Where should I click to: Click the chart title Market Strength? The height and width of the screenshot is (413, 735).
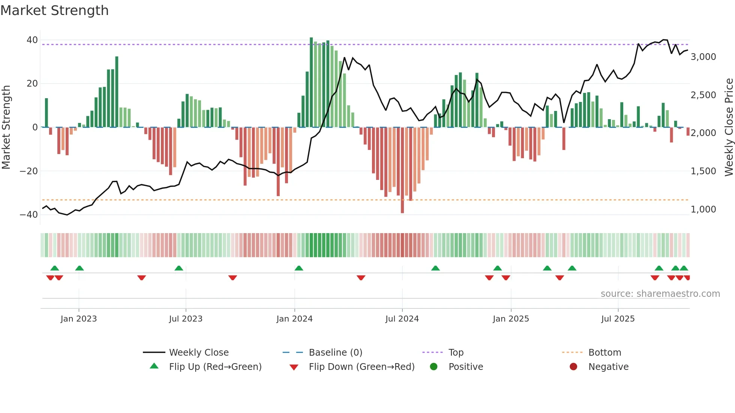pos(55,10)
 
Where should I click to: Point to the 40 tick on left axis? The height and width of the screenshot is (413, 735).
pos(32,40)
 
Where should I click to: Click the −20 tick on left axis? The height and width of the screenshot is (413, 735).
pos(29,171)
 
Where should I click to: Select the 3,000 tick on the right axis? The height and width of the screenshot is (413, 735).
pos(703,57)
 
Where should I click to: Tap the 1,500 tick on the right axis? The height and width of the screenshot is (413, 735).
pos(703,171)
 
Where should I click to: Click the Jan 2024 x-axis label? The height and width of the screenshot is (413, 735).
pos(294,319)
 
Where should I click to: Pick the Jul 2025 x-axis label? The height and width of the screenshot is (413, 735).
pos(618,319)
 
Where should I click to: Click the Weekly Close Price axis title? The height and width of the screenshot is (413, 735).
pos(729,127)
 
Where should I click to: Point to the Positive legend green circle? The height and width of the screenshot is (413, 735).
pos(434,367)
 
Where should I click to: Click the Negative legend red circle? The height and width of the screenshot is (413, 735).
pos(573,367)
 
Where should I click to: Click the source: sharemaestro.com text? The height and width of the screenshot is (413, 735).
pos(660,294)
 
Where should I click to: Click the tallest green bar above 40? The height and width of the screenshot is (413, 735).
pos(311,82)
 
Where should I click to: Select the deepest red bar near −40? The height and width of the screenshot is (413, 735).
pos(402,171)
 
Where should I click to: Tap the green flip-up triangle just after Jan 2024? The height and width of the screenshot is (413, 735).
pos(299,268)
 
